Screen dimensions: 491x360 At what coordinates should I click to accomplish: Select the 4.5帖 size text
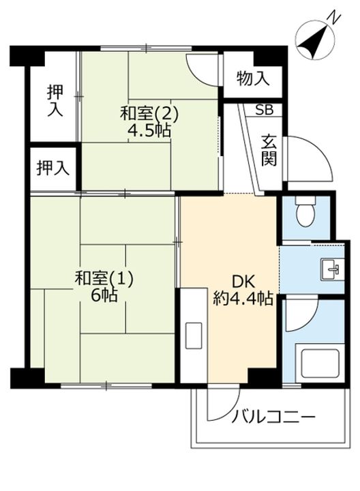point(147,130)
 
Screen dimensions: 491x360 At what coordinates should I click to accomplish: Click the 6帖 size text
point(104,296)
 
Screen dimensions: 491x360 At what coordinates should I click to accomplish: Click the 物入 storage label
point(253,78)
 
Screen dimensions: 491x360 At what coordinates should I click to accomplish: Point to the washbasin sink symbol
point(333,269)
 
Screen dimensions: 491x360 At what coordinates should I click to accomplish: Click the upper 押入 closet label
point(55,100)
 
